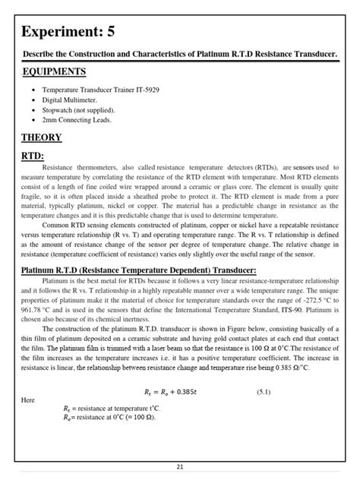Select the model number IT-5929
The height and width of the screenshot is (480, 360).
144,90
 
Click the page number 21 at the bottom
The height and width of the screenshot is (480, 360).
180,468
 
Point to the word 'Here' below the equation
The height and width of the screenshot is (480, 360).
27,399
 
